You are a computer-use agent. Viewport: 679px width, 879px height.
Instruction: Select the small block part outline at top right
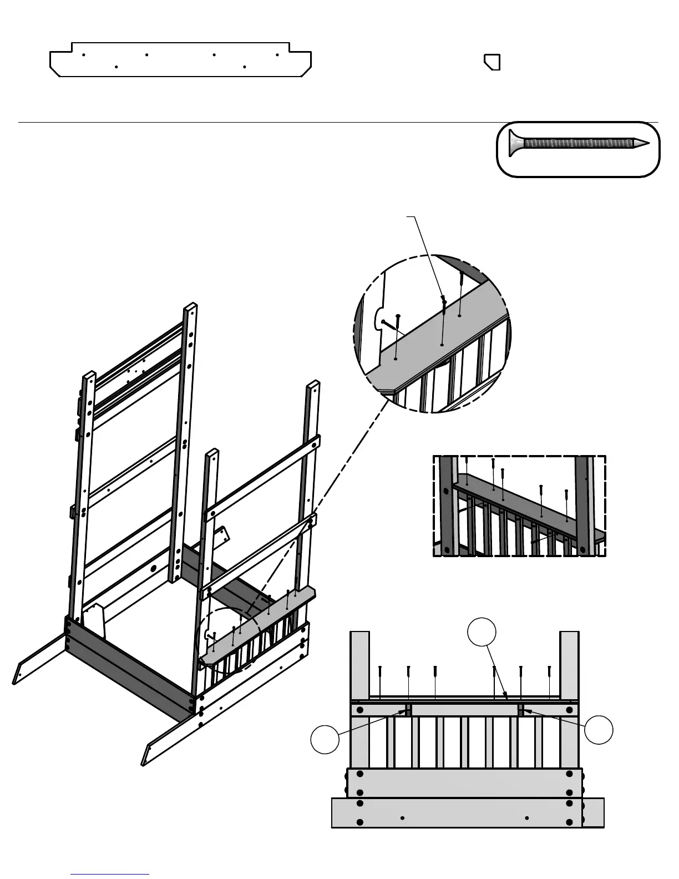(x=492, y=62)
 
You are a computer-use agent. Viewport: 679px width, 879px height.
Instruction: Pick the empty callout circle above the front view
(x=481, y=633)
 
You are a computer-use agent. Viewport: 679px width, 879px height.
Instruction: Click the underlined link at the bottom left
(x=110, y=874)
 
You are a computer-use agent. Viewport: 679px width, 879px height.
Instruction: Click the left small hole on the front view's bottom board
(x=402, y=817)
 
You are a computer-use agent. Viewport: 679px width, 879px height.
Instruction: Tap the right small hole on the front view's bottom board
(x=526, y=817)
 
